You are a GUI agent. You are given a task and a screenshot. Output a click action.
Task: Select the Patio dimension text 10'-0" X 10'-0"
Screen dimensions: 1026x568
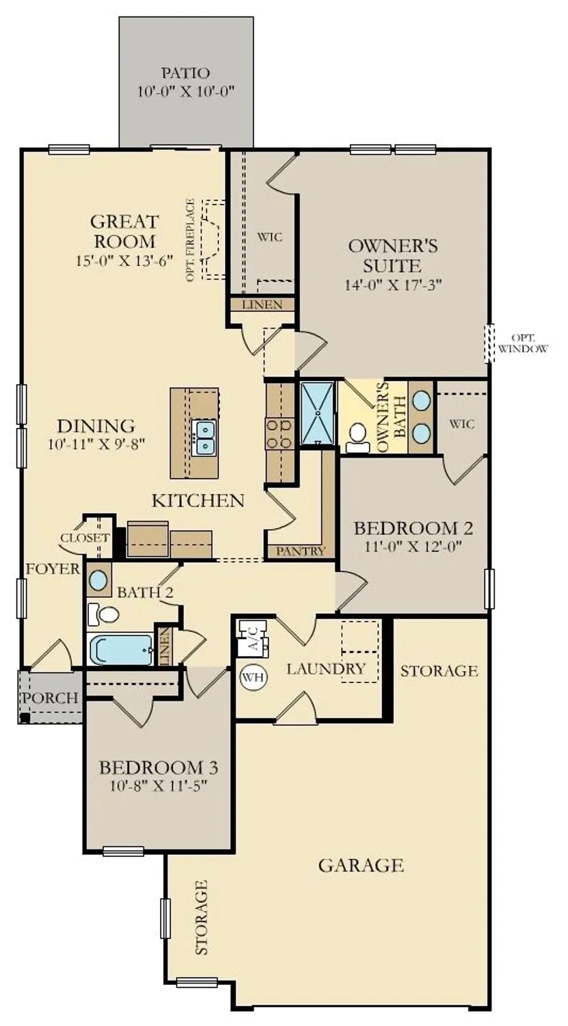[186, 92]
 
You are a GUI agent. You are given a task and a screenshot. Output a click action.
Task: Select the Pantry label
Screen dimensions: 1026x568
[301, 551]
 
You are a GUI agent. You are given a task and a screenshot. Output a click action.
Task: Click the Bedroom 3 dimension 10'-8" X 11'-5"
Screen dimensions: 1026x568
[158, 785]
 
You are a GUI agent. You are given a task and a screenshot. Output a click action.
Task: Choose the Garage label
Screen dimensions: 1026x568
[361, 865]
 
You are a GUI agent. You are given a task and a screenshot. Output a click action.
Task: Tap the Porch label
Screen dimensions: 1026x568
[50, 698]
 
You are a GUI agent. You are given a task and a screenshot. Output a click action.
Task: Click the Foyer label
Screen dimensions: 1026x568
[53, 569]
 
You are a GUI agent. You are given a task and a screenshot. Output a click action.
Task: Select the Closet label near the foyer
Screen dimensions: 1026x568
[84, 538]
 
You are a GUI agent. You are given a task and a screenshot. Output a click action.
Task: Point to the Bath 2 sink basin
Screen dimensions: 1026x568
[99, 581]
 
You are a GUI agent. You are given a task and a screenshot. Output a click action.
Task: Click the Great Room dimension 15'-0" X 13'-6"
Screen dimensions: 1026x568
[125, 260]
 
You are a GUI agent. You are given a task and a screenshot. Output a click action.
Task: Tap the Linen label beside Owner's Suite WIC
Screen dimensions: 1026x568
[262, 304]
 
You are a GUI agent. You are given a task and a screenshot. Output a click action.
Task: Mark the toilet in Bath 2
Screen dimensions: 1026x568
[107, 614]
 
